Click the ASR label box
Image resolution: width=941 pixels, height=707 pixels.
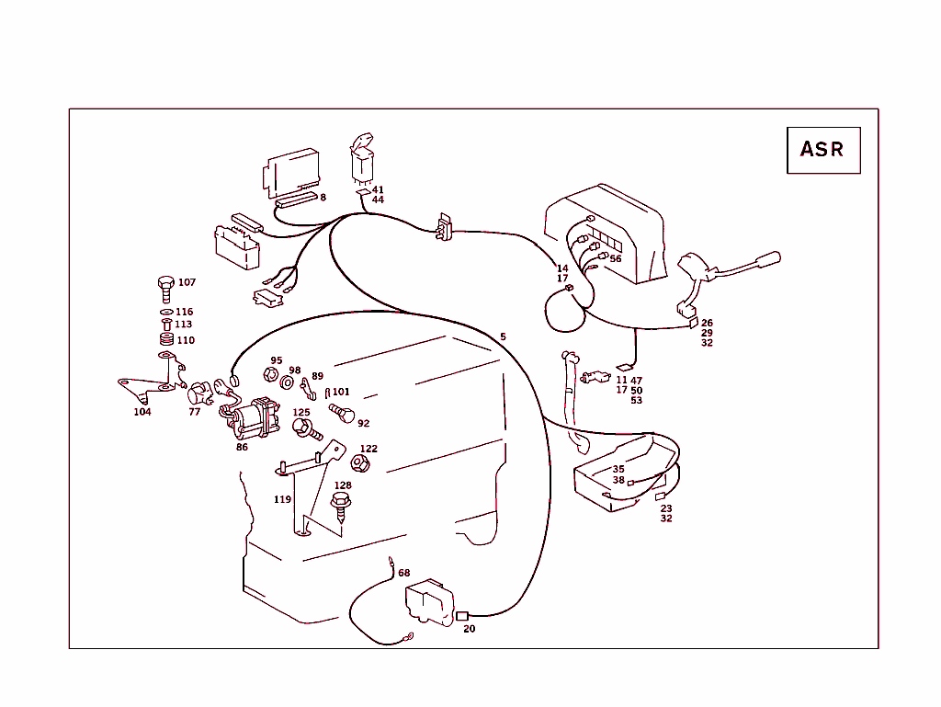click(823, 150)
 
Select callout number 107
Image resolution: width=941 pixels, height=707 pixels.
click(187, 282)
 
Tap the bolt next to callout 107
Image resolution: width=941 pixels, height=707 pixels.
click(165, 288)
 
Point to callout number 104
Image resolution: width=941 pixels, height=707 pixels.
click(142, 412)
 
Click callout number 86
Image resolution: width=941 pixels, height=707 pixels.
click(242, 448)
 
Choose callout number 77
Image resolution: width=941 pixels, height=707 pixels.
click(195, 412)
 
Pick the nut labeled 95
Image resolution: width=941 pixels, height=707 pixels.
click(271, 375)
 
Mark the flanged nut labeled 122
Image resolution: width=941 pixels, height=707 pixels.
click(360, 464)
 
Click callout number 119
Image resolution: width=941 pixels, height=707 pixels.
click(282, 499)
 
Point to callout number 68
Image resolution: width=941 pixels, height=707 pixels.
click(404, 573)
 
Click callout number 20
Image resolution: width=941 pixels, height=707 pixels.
click(470, 629)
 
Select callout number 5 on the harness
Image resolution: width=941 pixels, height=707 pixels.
click(503, 336)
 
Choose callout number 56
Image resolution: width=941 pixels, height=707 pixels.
click(616, 258)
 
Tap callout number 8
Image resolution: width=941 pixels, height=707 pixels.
click(323, 197)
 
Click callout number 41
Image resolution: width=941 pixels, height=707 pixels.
click(378, 189)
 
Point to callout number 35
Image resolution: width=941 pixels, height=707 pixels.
click(618, 469)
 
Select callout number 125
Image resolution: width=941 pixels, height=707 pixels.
click(301, 413)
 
